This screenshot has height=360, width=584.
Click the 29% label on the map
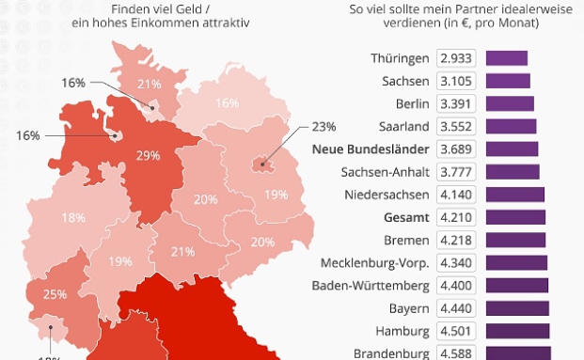(147, 155)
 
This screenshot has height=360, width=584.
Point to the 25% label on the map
(54, 294)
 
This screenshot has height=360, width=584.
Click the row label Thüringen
(401, 58)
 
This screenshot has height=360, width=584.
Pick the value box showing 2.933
(457, 58)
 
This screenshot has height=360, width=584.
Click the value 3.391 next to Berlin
(457, 103)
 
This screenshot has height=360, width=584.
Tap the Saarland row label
(403, 126)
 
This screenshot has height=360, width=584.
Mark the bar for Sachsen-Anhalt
(513, 171)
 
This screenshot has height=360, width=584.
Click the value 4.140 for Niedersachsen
(457, 194)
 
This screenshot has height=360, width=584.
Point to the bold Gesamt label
(407, 216)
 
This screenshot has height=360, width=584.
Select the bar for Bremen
(517, 240)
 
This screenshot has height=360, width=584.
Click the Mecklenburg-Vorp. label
(375, 262)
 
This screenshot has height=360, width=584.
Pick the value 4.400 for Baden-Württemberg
(457, 285)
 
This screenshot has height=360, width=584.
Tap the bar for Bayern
(519, 307)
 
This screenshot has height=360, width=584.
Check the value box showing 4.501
(457, 330)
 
